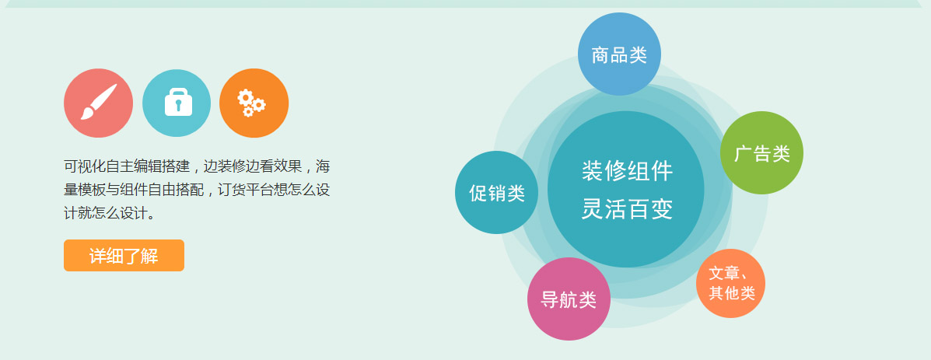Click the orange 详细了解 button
click(124, 256)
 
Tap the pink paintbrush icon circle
click(98, 103)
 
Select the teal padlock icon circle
click(177, 103)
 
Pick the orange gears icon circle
click(254, 103)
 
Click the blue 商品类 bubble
click(619, 54)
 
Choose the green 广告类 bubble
click(761, 153)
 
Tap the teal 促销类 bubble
click(496, 192)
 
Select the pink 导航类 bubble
click(569, 299)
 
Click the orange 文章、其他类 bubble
click(730, 284)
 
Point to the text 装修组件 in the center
click(627, 171)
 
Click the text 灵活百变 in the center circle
click(627, 208)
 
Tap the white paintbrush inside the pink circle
click(99, 102)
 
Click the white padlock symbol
click(178, 102)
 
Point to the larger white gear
click(245, 97)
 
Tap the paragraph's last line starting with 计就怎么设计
click(110, 213)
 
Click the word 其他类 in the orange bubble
click(731, 293)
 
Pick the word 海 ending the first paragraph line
click(323, 166)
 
